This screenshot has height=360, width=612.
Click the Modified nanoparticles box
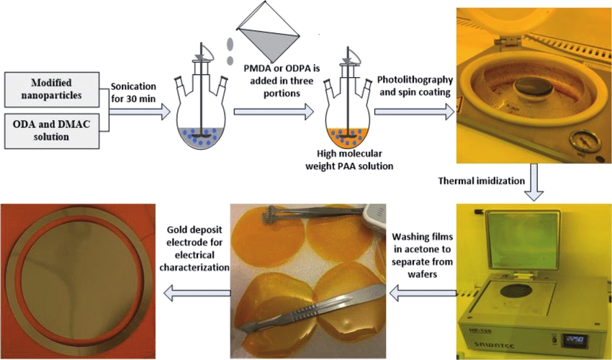tap(55, 87)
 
